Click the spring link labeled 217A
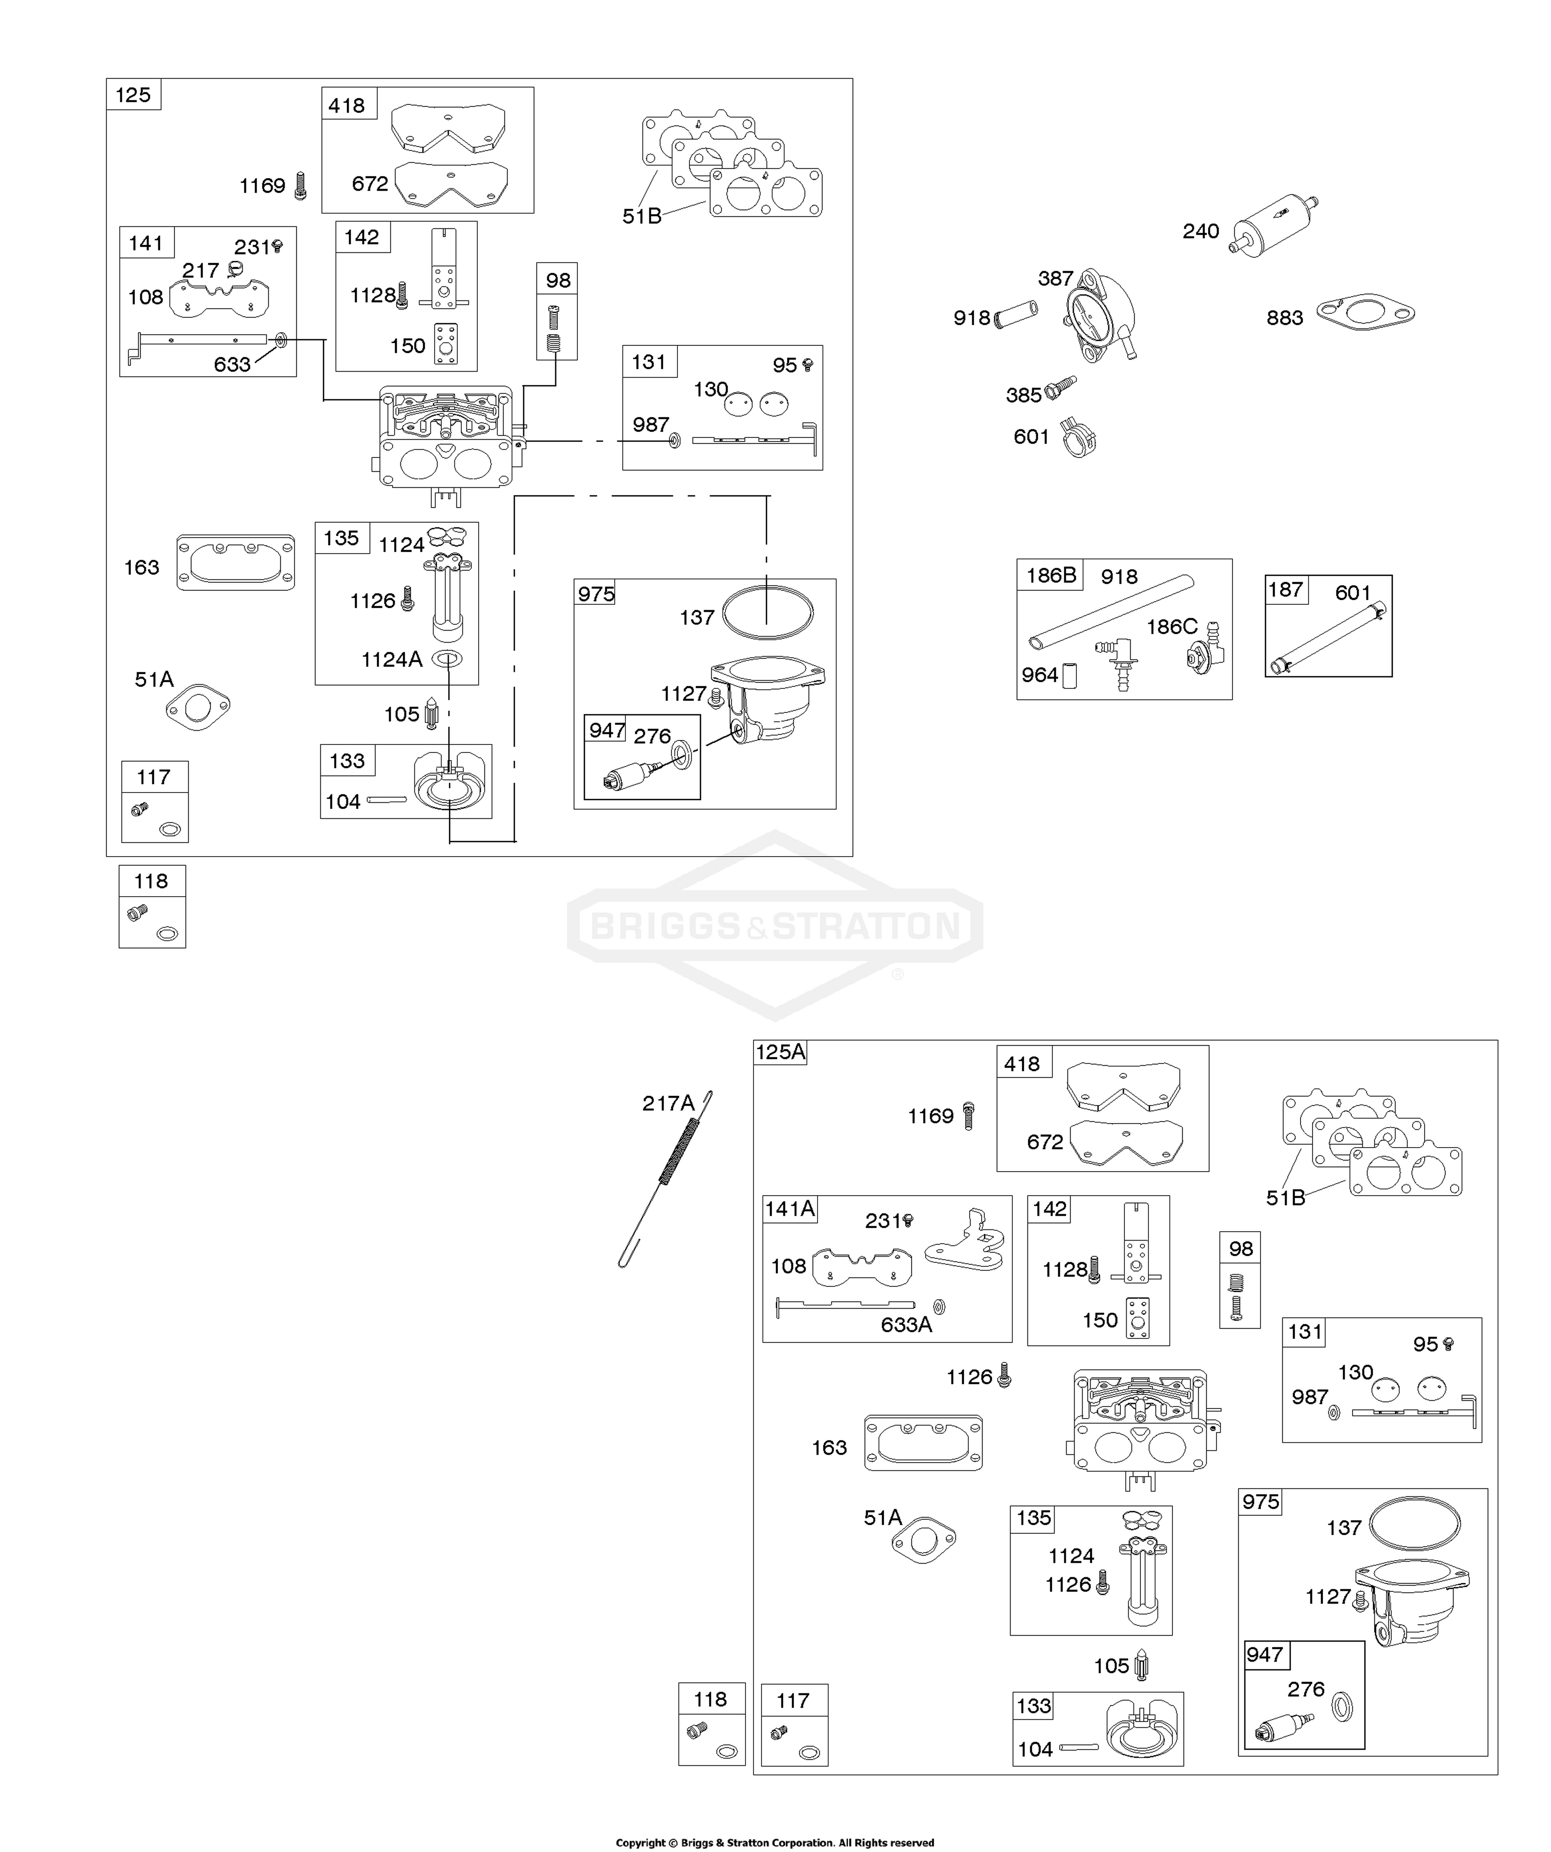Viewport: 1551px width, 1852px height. pos(666,1179)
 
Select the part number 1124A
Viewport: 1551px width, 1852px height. pos(391,659)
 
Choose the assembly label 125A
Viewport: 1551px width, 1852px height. pos(780,1052)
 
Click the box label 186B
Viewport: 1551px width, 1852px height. pos(1051,575)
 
